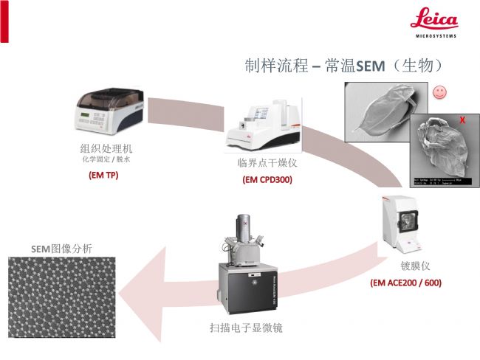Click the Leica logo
[x=433, y=22]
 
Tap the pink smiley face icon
[x=439, y=93]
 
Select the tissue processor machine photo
[x=111, y=111]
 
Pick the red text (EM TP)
[x=103, y=176]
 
